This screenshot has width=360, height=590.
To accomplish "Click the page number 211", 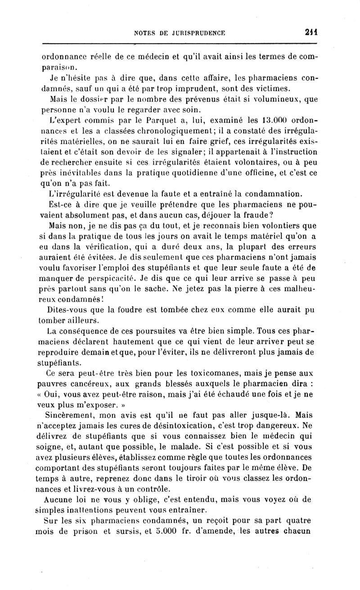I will [310, 32].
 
